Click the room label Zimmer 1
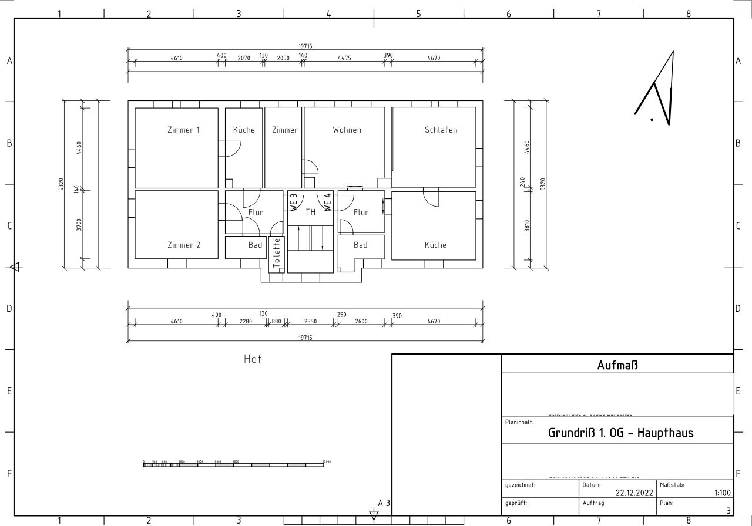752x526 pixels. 183,130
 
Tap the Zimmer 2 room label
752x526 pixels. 183,245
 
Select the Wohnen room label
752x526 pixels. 347,130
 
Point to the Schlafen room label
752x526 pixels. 441,130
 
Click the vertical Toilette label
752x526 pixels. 277,254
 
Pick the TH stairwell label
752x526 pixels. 311,212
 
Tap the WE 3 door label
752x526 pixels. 293,203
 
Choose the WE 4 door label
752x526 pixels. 328,203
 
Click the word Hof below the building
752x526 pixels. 253,359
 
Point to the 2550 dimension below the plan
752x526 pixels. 310,321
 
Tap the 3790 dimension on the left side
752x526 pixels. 79,225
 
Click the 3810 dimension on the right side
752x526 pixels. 526,225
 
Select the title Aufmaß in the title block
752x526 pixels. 617,365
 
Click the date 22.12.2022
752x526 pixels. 634,494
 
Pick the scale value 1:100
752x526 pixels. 722,494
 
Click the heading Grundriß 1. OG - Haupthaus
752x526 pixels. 621,433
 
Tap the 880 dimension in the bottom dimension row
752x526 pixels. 276,321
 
